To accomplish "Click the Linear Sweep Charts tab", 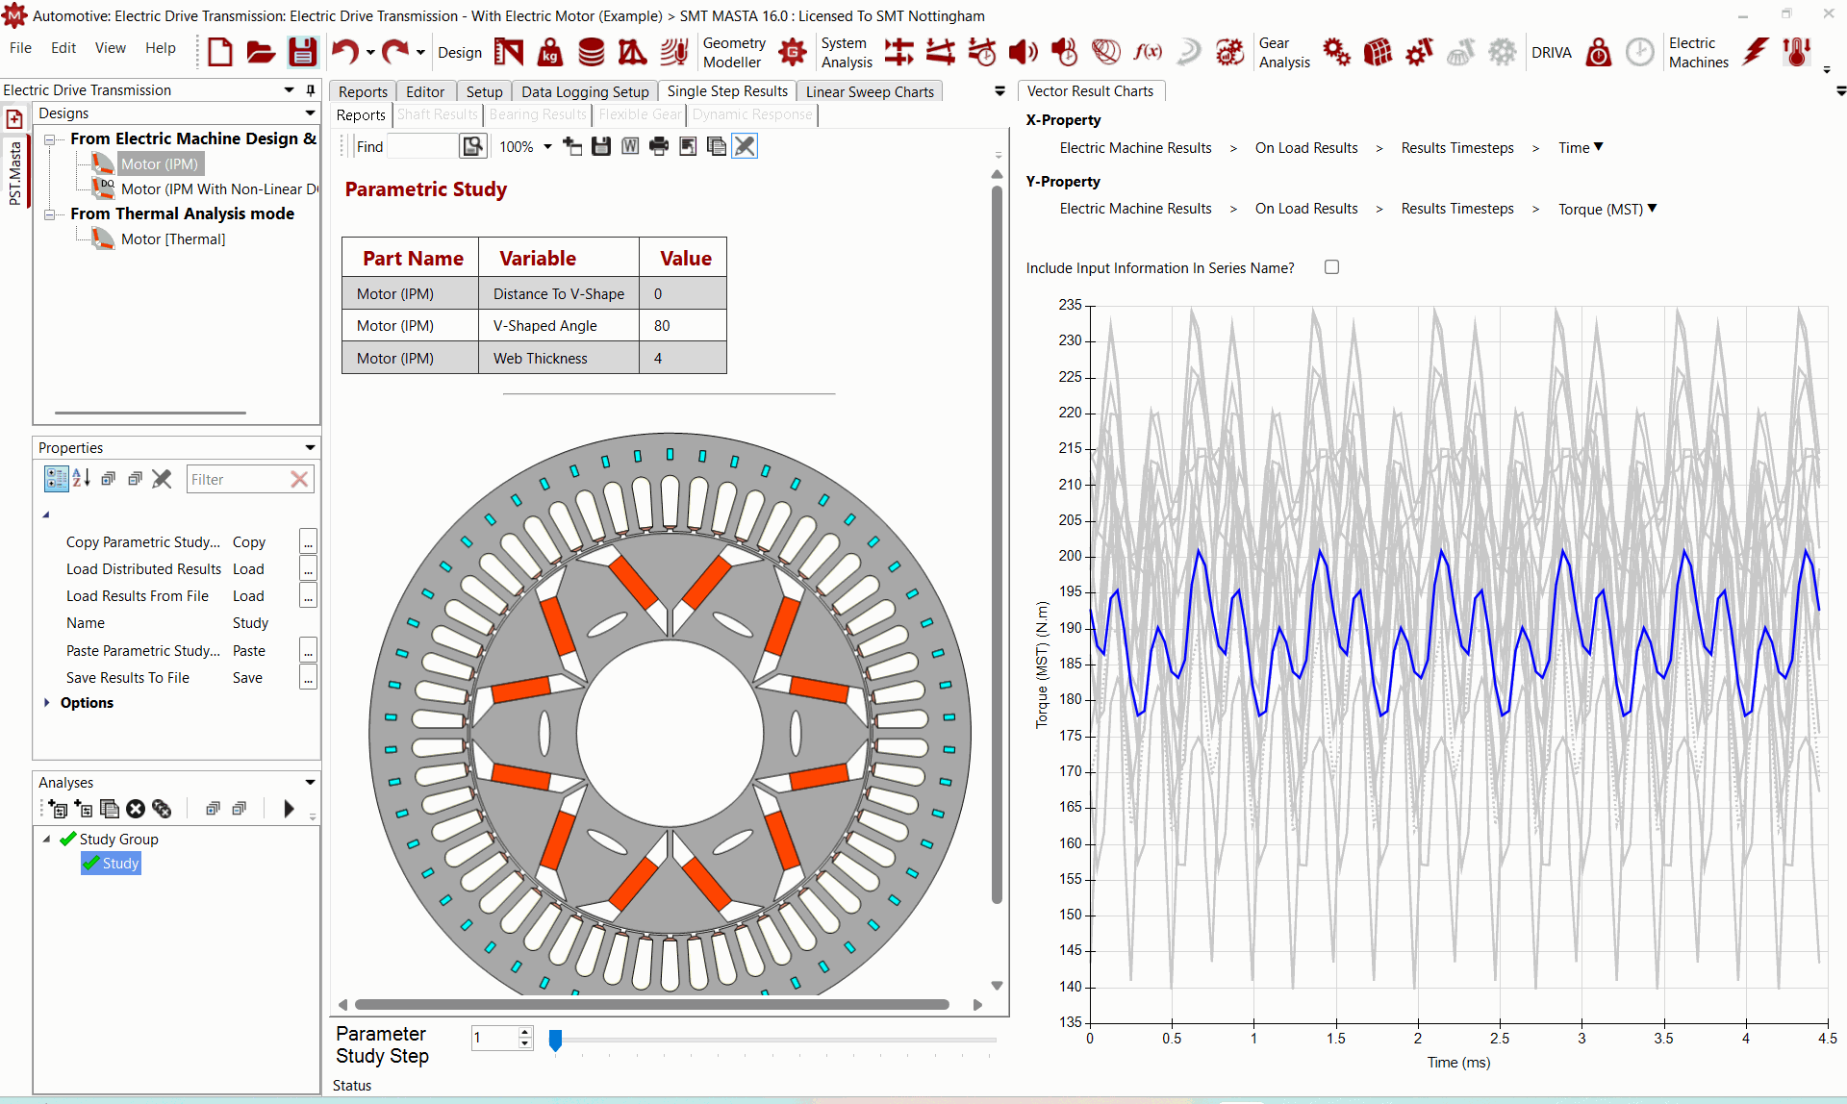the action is [x=870, y=91].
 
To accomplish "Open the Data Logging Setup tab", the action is [x=585, y=91].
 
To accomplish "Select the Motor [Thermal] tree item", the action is [x=173, y=239].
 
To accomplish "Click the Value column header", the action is [x=685, y=258].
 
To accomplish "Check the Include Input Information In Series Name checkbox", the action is [x=1331, y=267].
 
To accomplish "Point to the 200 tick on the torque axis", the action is [x=1070, y=556].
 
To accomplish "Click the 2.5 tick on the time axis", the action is [x=1500, y=1038].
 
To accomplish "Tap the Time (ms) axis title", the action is [x=1458, y=1063].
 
